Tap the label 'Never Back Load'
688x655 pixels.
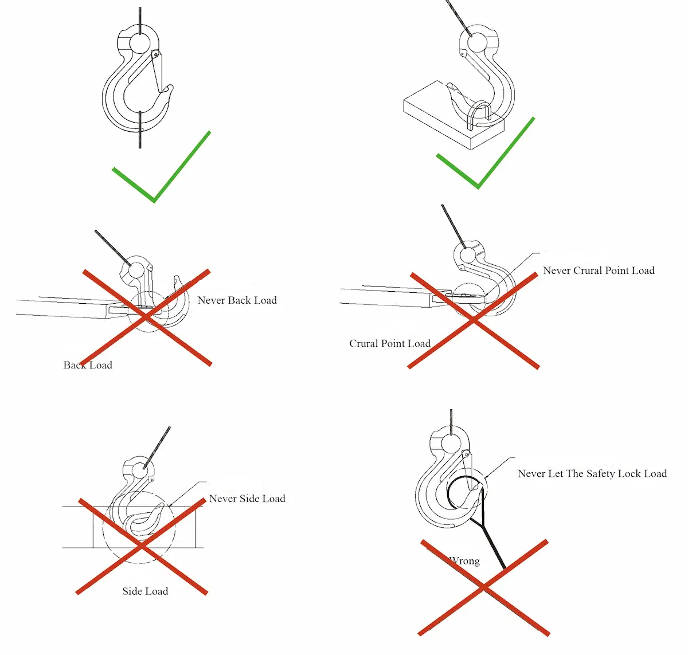pos(237,300)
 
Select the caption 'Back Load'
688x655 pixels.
pos(88,365)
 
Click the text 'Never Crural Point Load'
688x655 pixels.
pos(599,270)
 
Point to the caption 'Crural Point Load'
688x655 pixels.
pos(390,343)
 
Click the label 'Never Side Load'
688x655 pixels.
pos(247,499)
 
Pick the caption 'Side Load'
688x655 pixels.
pos(145,591)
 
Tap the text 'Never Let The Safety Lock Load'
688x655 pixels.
pos(592,473)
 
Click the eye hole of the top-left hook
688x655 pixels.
pos(139,42)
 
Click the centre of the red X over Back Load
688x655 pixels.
pos(146,318)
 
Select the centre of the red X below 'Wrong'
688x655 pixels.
pos(484,587)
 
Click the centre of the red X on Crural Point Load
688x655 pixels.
pos(474,321)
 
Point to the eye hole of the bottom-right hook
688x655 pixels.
pos(452,442)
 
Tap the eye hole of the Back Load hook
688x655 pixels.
pos(133,269)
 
